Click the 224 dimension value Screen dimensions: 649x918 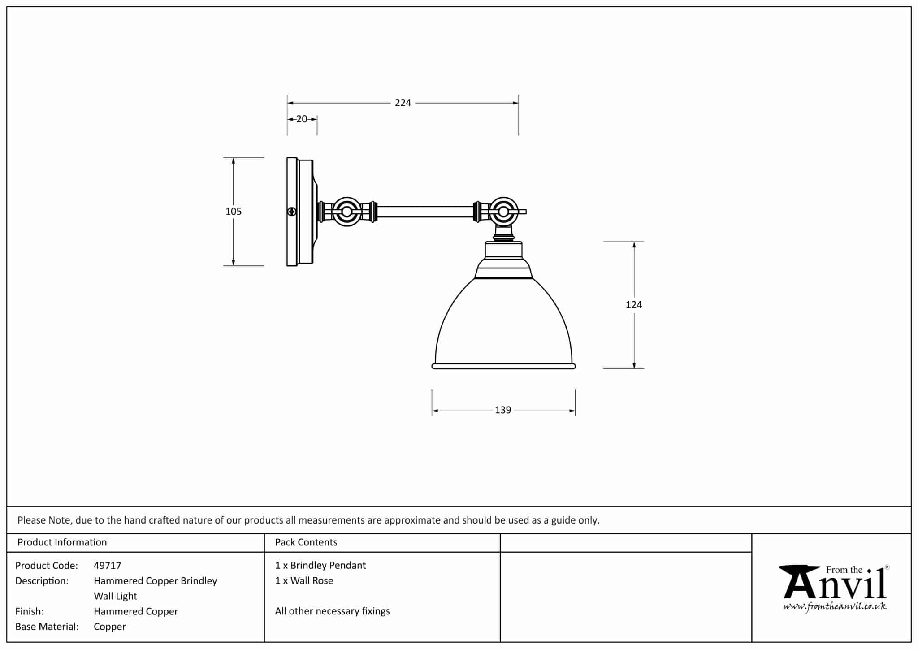coord(403,103)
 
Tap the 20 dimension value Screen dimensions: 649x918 coord(302,119)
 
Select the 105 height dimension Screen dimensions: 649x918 coord(234,212)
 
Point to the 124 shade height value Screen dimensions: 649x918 coord(633,305)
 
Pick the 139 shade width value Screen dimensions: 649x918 coord(503,410)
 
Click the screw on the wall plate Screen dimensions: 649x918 coord(292,212)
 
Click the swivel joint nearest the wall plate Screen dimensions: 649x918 coord(346,212)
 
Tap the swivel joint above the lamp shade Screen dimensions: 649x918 coord(503,212)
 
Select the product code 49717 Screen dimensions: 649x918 coord(108,566)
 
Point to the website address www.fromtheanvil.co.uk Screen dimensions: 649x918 coord(835,606)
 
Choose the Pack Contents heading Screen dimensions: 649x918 coord(306,542)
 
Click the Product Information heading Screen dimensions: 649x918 coord(62,542)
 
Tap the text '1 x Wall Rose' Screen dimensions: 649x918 coord(304,581)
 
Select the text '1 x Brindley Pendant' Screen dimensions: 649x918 coord(320,566)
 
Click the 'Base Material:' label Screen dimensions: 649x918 coord(47,627)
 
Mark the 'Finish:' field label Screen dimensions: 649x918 coord(30,611)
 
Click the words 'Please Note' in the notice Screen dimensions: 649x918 coord(44,520)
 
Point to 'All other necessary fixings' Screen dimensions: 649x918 coord(333,611)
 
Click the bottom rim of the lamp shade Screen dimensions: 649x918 coord(503,366)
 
